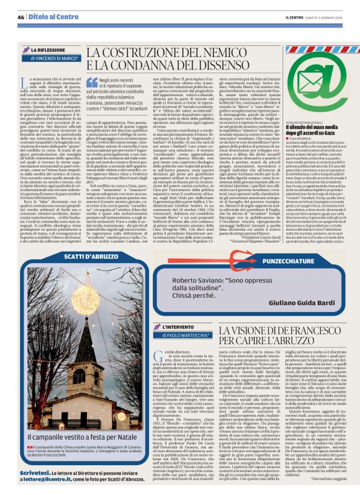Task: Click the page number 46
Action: point(21,16)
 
